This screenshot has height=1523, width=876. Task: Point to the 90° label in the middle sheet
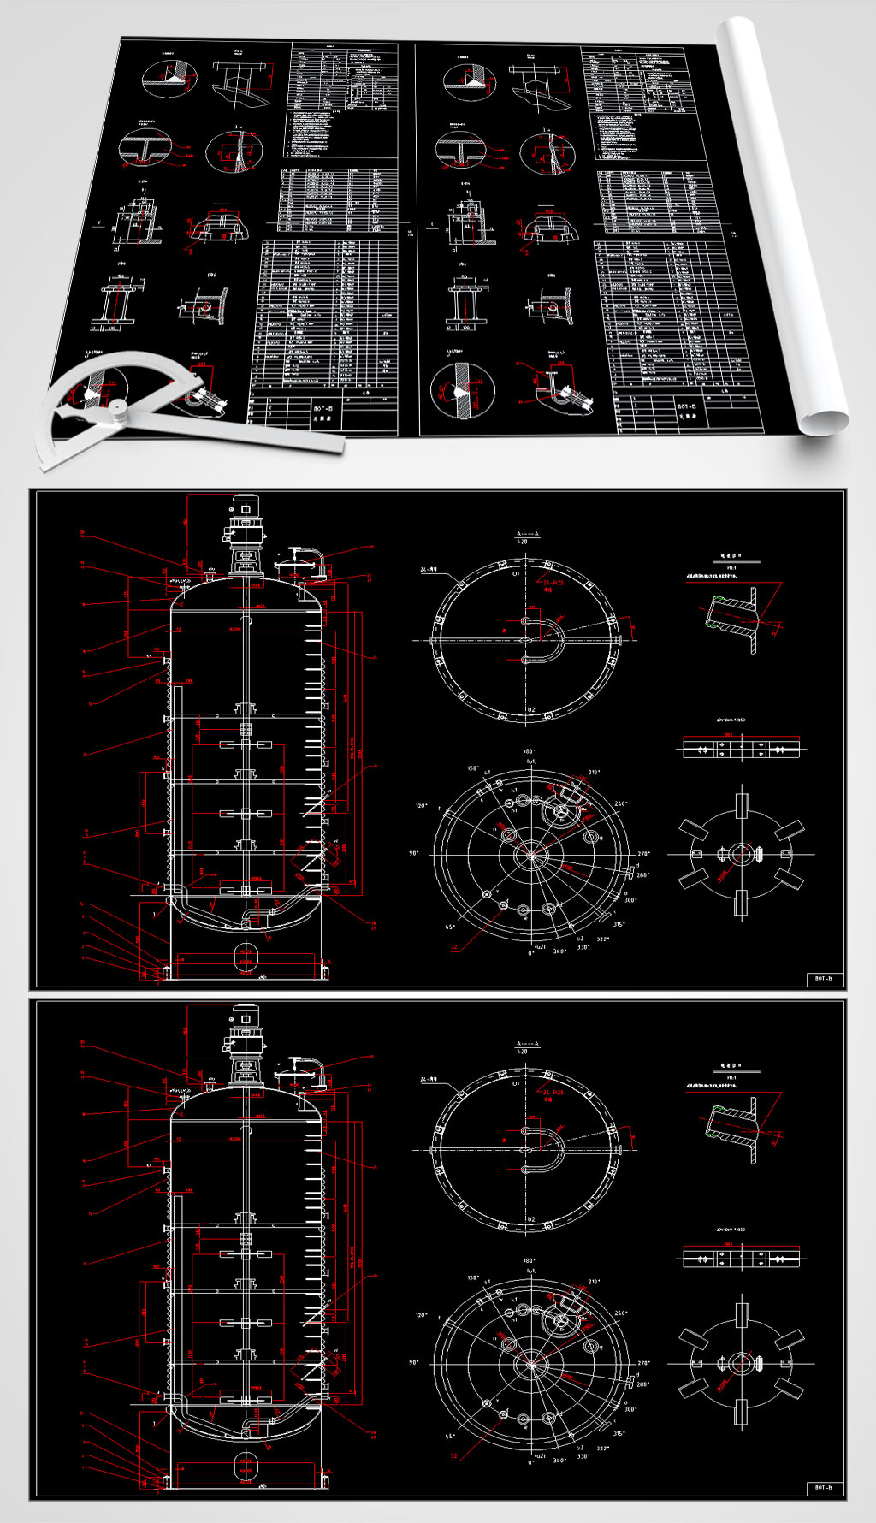pos(414,853)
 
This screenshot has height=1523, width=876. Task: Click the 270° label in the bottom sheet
pos(643,1363)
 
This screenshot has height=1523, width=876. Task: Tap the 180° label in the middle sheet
pos(530,751)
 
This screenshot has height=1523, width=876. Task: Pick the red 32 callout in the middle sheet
pos(454,947)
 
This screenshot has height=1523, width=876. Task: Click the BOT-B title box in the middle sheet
pos(825,978)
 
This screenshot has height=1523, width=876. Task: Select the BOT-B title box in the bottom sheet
pos(825,1488)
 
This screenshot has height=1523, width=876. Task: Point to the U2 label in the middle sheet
pos(530,710)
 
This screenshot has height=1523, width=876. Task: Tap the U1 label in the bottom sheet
pos(517,1083)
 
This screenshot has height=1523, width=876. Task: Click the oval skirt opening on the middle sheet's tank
pos(246,952)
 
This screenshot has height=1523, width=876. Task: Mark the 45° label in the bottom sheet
pos(448,1436)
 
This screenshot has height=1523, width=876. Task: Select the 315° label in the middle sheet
pos(619,924)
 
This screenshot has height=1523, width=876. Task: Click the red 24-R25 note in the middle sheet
pos(553,583)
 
